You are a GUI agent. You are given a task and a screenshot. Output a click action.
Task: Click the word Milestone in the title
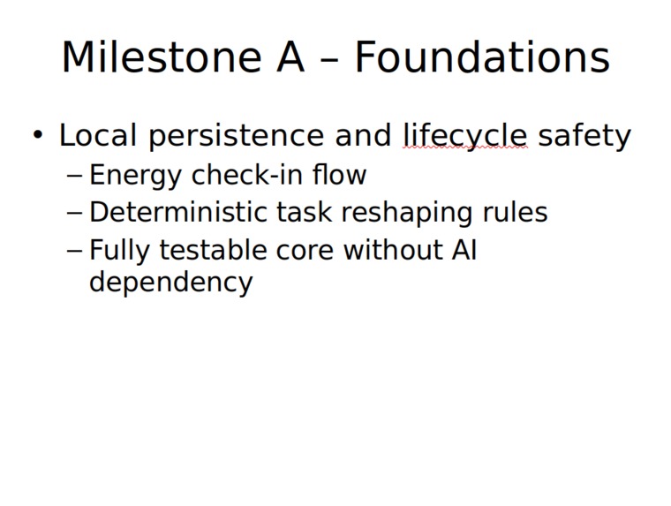[162, 57]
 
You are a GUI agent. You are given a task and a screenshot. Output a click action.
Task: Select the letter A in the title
[290, 57]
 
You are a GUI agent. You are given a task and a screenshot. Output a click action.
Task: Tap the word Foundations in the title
[482, 57]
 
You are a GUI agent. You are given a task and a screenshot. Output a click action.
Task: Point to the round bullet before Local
[38, 135]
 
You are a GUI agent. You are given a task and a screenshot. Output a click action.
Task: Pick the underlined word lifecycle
[465, 136]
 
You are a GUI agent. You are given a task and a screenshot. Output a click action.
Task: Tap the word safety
[584, 136]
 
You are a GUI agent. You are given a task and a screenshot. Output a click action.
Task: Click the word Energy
[135, 176]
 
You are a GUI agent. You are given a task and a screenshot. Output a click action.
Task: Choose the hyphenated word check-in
[247, 174]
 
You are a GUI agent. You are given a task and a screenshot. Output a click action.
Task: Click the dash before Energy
[74, 177]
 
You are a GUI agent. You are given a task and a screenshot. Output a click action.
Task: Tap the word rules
[515, 212]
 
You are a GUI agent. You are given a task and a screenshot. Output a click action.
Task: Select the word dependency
[171, 283]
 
